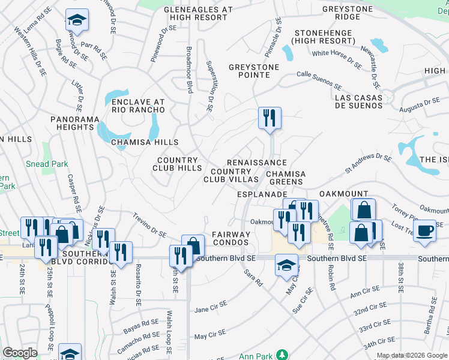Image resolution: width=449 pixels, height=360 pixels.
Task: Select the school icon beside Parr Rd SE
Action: (x=77, y=20)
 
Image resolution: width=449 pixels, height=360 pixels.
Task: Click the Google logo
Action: (x=20, y=353)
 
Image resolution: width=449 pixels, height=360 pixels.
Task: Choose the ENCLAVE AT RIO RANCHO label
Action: (x=138, y=106)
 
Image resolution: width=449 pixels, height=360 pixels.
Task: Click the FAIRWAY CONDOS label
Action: (x=231, y=238)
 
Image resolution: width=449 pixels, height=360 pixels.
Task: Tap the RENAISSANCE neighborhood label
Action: (x=256, y=163)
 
